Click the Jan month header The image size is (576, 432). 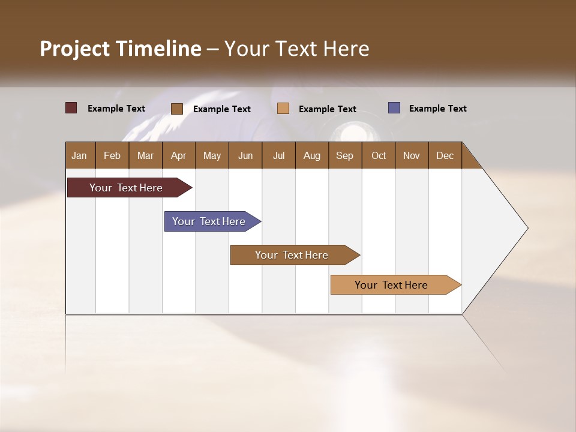click(x=80, y=155)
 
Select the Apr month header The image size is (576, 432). click(x=179, y=155)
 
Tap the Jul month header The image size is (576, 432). click(x=278, y=155)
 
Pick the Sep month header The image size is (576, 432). click(x=345, y=155)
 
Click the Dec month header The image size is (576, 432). click(x=445, y=155)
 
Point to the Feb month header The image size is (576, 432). click(x=112, y=155)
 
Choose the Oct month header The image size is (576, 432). click(x=379, y=155)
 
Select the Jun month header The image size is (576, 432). click(x=245, y=155)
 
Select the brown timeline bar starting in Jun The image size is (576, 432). click(x=292, y=255)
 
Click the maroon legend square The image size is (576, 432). click(x=71, y=108)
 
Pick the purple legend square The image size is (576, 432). click(x=394, y=108)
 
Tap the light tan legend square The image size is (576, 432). click(x=283, y=109)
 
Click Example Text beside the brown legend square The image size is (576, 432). click(x=222, y=109)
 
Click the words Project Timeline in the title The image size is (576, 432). click(x=120, y=49)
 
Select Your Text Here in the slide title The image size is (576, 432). click(x=297, y=49)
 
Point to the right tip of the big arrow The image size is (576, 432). click(x=526, y=228)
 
